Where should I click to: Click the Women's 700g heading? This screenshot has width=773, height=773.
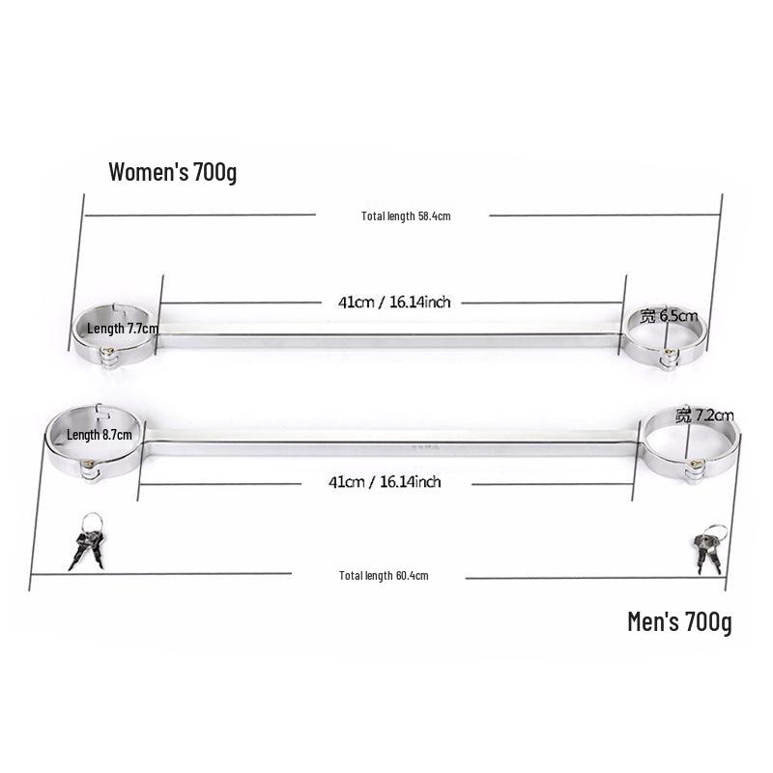[173, 172]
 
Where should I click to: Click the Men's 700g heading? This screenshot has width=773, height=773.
[679, 621]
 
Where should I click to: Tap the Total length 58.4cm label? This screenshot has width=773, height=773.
[406, 215]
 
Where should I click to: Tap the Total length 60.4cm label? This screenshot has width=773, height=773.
[384, 575]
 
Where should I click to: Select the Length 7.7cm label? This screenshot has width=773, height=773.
[123, 329]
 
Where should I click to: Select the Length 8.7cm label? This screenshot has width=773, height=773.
[100, 435]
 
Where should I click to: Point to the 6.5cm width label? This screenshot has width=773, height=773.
[669, 316]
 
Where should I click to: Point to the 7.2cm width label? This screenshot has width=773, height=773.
[704, 415]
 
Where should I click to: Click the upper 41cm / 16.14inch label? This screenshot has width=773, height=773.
[394, 301]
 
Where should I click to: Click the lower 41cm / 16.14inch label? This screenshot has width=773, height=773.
[385, 481]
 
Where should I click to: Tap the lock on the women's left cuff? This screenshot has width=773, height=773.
[108, 352]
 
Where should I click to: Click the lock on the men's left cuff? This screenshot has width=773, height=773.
[89, 465]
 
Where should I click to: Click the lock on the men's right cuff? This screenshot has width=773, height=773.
[696, 465]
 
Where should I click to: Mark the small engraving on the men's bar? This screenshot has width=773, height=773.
[425, 448]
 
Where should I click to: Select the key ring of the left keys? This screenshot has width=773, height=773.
[92, 524]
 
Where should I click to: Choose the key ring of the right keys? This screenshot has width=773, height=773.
[716, 533]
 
